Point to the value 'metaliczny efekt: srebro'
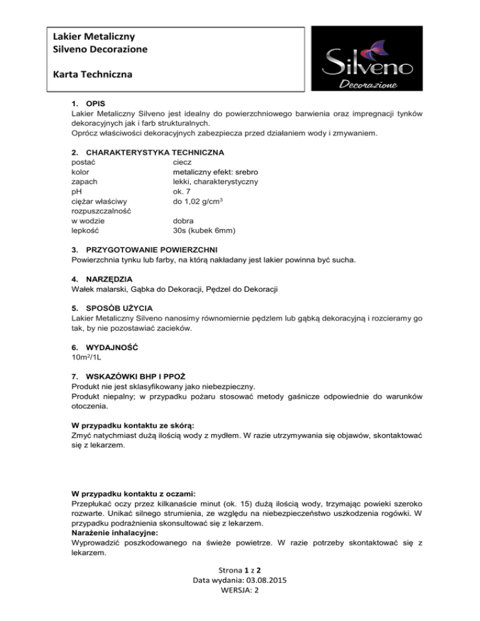[216, 172]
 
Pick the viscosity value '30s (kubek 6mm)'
[204, 231]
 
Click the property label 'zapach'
[85, 181]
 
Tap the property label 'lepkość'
[87, 231]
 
